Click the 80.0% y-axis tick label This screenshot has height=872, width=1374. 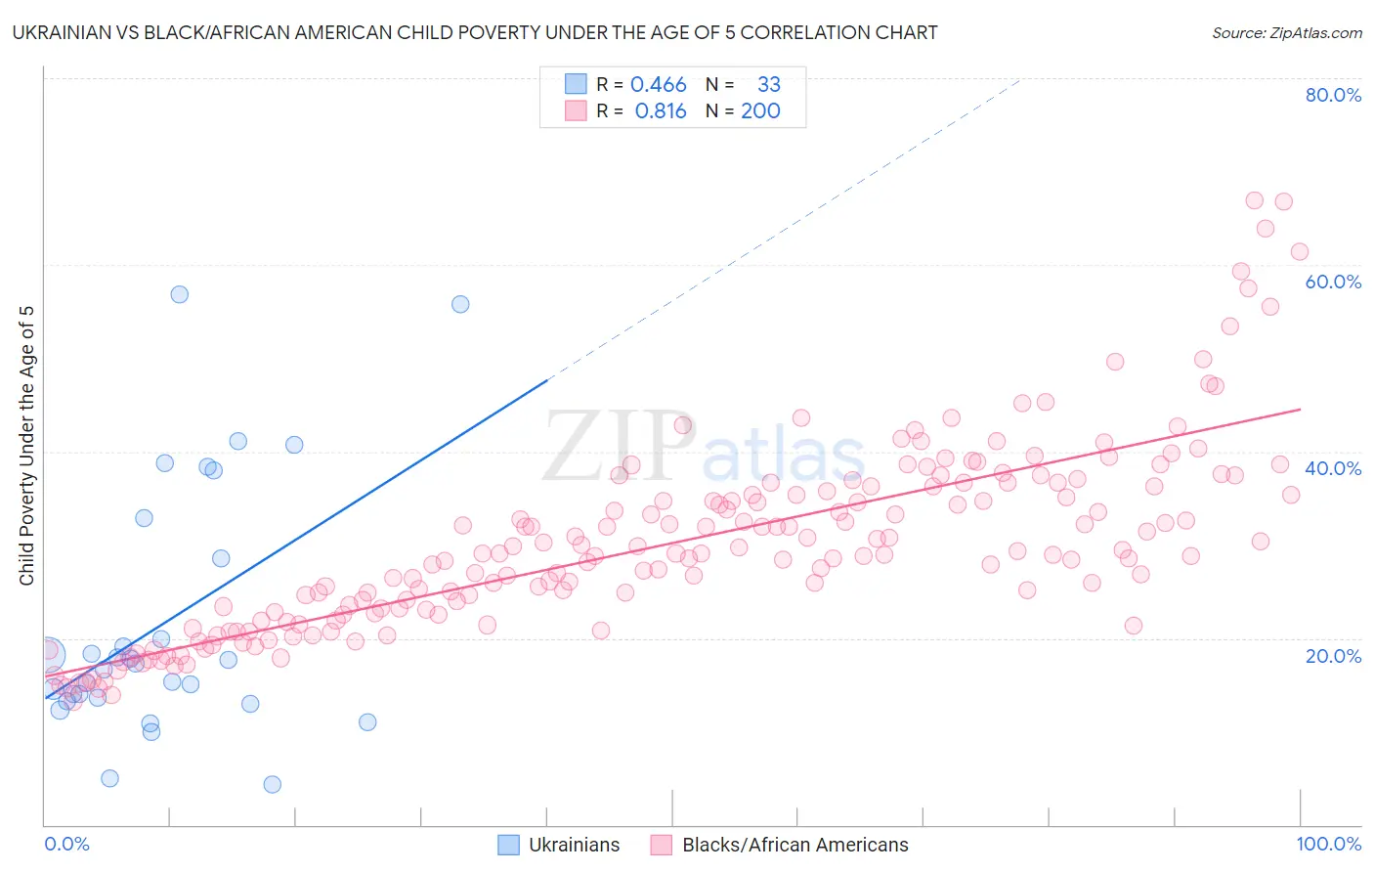pyautogui.click(x=1333, y=95)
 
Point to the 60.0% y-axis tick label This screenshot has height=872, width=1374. pyautogui.click(x=1333, y=282)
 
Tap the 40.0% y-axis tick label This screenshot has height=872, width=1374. pyautogui.click(x=1333, y=468)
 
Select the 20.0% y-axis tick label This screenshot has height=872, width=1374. pyautogui.click(x=1333, y=655)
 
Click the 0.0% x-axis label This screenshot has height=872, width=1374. pyautogui.click(x=66, y=844)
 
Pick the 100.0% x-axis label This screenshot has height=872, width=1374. pyautogui.click(x=1328, y=844)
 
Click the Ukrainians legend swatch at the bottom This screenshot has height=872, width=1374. pyautogui.click(x=508, y=845)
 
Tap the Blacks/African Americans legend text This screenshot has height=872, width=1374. pyautogui.click(x=794, y=845)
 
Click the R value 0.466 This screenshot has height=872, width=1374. pyautogui.click(x=658, y=85)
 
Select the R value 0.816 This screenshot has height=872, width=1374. pyautogui.click(x=661, y=111)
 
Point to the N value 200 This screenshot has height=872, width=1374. pyautogui.click(x=760, y=111)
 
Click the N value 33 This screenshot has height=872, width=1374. pyautogui.click(x=768, y=85)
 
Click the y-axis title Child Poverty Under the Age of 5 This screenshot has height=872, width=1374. pyautogui.click(x=27, y=446)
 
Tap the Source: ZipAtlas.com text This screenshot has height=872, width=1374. pyautogui.click(x=1286, y=33)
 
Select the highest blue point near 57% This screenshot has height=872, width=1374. pyautogui.click(x=179, y=294)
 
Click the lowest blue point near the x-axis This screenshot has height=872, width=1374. pyautogui.click(x=273, y=784)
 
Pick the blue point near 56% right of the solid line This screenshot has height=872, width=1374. pyautogui.click(x=460, y=304)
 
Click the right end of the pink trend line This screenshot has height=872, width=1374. pyautogui.click(x=1300, y=410)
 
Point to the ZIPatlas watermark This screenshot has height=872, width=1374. pyautogui.click(x=704, y=447)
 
